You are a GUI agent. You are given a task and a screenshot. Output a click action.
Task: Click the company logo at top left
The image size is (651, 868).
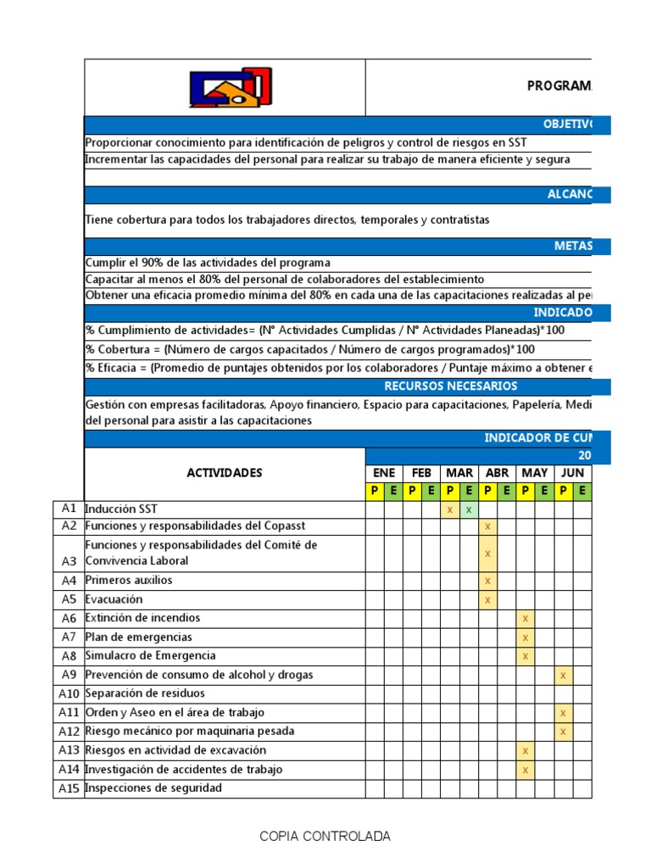[231, 87]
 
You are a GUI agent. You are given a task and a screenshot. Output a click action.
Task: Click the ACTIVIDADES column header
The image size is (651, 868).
[225, 473]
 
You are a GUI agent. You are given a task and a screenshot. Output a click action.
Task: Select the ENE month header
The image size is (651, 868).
[384, 473]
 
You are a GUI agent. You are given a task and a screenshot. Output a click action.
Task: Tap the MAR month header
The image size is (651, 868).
[459, 473]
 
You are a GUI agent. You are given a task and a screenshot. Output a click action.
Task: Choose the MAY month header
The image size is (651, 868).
[534, 473]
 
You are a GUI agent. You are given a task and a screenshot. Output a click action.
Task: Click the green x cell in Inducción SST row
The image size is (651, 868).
[469, 509]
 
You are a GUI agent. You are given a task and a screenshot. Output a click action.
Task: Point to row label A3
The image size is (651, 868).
[69, 561]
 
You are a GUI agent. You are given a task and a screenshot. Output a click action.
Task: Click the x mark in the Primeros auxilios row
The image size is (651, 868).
[487, 581]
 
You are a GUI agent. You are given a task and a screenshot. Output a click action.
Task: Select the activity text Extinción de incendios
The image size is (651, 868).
[142, 619]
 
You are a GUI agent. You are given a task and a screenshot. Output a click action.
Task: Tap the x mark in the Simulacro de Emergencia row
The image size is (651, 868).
[526, 656]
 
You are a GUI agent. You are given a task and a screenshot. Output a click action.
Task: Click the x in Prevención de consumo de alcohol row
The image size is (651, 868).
[563, 676]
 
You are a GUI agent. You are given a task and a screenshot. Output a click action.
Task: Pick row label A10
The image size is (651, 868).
[69, 694]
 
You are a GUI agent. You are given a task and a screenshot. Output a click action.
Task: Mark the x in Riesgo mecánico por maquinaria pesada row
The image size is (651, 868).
[563, 732]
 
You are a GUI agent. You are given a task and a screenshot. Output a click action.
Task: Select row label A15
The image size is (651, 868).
[69, 788]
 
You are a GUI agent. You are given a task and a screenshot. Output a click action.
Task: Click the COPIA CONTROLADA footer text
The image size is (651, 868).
[325, 837]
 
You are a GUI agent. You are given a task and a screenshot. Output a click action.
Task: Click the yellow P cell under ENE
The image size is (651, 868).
[375, 491]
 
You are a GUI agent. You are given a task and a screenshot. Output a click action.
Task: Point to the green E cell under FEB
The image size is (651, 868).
[431, 491]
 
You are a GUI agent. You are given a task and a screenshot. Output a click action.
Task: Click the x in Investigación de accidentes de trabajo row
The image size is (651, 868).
[526, 770]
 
